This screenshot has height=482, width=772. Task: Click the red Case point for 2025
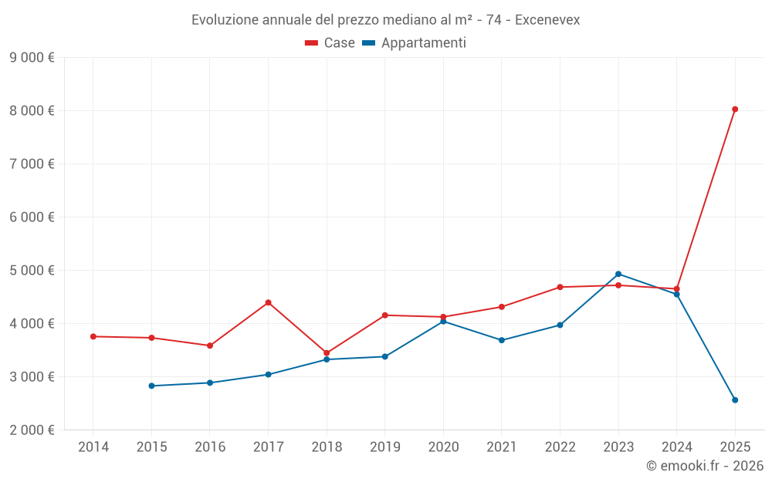[x=735, y=110]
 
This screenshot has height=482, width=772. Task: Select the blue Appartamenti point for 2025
[x=735, y=400]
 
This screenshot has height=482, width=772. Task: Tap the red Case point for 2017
[x=268, y=302]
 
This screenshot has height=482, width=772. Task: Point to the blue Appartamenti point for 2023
[x=618, y=274]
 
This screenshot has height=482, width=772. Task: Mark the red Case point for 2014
[x=93, y=336]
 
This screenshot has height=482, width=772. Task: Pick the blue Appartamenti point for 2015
[x=151, y=386]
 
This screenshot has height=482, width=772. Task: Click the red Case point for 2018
[x=327, y=353]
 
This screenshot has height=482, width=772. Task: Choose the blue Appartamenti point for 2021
[x=502, y=340]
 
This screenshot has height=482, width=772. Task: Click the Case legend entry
[x=330, y=43]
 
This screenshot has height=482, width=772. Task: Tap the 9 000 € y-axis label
[x=32, y=57]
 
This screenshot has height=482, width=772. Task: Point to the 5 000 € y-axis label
[x=32, y=270]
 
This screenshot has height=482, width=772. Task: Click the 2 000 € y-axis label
[x=32, y=430]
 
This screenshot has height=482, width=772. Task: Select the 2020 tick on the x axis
[x=443, y=447]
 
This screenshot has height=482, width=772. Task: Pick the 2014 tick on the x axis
[x=93, y=447]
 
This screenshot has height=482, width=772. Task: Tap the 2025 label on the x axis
[x=735, y=447]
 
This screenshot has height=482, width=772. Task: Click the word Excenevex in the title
[x=547, y=20]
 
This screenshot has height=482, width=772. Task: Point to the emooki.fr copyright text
[x=705, y=466]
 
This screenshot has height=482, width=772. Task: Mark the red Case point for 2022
[x=560, y=287]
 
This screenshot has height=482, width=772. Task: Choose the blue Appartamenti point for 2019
[x=384, y=356]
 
